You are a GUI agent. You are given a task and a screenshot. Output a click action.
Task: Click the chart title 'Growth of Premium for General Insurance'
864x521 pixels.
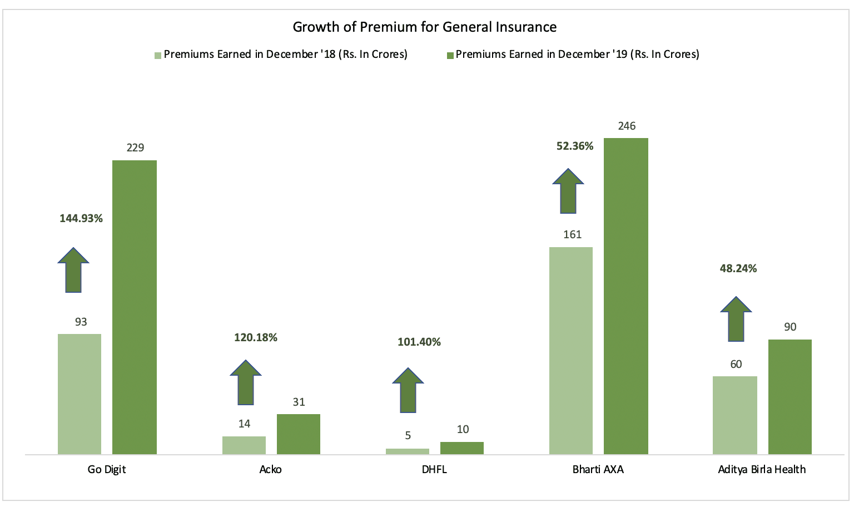click(424, 27)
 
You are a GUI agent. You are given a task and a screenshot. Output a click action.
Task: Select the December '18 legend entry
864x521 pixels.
click(281, 55)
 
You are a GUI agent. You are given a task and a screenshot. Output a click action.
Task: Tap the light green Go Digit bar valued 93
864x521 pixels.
click(80, 394)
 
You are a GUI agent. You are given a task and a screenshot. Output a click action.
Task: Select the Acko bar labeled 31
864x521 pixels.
click(299, 434)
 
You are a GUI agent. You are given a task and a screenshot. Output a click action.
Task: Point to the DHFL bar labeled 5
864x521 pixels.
click(408, 451)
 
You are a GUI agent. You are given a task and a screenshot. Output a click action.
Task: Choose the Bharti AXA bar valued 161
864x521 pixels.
click(571, 351)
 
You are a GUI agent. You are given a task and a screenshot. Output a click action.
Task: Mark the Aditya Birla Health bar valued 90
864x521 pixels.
click(789, 397)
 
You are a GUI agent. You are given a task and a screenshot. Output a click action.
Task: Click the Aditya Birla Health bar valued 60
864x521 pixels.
click(735, 415)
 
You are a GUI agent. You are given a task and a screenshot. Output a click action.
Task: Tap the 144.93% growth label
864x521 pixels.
click(81, 219)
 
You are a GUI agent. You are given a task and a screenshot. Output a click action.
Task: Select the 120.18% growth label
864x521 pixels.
click(256, 337)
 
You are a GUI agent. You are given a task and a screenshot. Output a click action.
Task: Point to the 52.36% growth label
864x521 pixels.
click(575, 146)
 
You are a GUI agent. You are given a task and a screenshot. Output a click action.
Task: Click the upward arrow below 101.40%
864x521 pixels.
click(408, 390)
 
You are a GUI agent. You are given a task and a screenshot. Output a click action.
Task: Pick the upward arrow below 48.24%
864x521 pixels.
click(736, 319)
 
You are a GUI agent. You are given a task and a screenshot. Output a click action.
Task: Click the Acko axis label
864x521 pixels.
click(271, 469)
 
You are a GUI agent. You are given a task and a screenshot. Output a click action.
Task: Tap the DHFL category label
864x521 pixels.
click(434, 469)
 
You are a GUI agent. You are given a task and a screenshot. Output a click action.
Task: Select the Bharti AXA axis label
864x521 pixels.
click(598, 469)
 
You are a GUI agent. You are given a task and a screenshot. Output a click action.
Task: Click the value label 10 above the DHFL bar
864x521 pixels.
click(463, 429)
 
